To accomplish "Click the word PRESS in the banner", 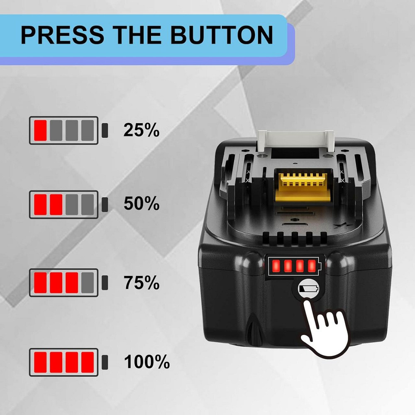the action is [63, 35].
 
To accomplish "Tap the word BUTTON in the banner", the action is [221, 35].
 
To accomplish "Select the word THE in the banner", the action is [137, 35].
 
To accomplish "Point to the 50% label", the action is [142, 203].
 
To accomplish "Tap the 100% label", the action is [146, 361].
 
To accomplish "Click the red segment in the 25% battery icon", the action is [41, 130].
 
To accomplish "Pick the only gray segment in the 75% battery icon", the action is [88, 283].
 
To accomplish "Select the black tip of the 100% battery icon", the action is [105, 362].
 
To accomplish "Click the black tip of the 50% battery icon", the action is [105, 204].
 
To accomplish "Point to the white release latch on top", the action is [295, 140].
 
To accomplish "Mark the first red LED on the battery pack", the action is [276, 266].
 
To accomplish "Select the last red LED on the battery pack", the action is [312, 266].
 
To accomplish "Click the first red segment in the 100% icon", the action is [41, 362].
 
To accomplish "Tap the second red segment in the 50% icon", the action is [56, 205].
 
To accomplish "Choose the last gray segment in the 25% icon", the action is [88, 130].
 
